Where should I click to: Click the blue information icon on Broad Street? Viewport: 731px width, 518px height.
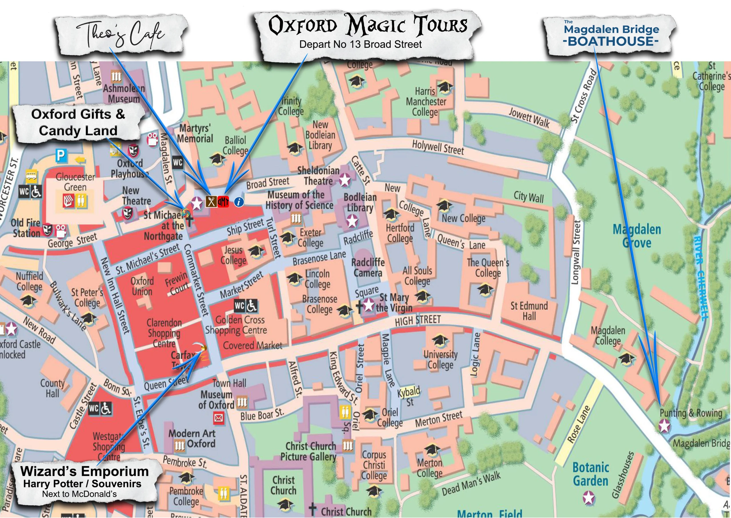point(239,201)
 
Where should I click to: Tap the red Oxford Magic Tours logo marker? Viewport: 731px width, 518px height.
point(223,201)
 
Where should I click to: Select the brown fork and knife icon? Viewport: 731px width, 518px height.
point(211,201)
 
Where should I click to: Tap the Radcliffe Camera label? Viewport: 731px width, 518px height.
point(367,267)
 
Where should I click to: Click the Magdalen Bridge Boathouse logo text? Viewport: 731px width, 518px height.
point(611,35)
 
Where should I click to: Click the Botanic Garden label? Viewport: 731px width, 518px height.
point(590,474)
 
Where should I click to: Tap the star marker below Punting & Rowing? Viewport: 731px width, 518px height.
point(665,426)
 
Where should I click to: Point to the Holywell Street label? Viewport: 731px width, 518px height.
point(437,147)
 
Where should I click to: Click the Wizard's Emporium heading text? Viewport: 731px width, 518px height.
point(84,471)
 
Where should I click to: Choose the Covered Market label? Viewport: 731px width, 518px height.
point(252,345)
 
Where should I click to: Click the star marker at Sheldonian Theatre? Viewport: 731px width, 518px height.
point(345,180)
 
